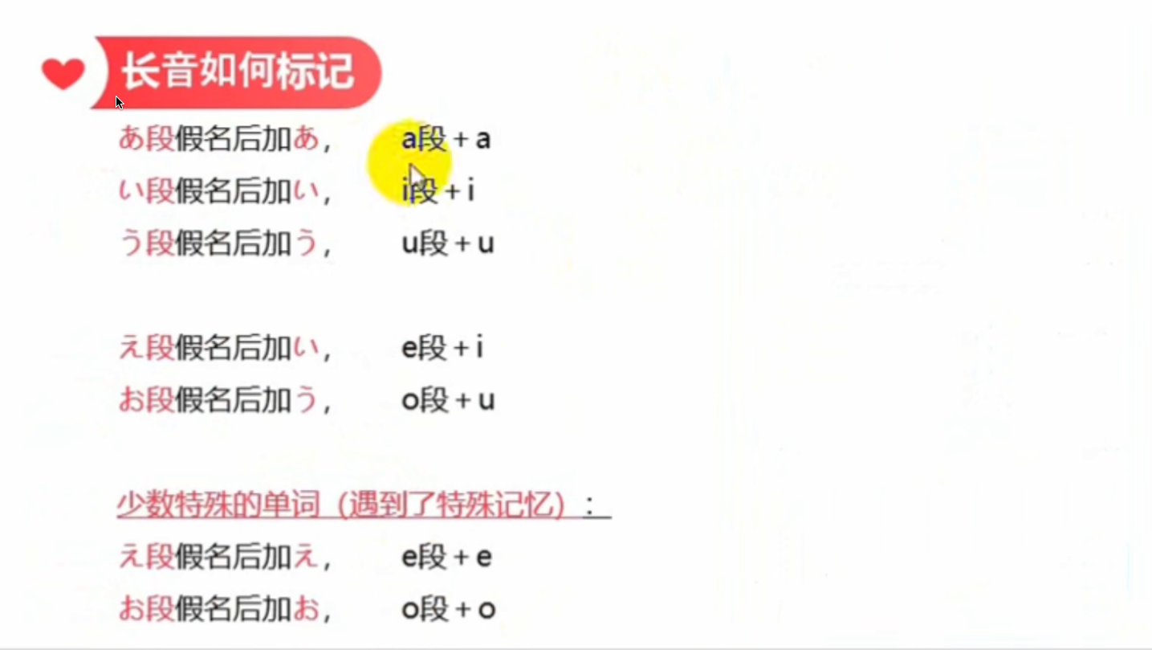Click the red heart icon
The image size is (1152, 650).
coord(63,74)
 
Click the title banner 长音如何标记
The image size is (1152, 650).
coord(237,72)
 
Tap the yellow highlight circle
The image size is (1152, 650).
coord(409,162)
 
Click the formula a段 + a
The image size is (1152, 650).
coord(446,139)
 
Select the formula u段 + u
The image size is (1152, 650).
coord(447,243)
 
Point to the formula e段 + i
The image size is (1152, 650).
coord(442,347)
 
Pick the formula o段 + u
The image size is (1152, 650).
coord(448,400)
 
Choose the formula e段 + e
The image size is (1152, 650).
coord(446,557)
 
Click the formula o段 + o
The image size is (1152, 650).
coord(449,609)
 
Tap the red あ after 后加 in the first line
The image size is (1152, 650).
coord(307,139)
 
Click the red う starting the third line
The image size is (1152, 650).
coord(131,243)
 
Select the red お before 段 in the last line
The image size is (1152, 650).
coord(132,609)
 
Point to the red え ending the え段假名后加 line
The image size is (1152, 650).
coord(306,557)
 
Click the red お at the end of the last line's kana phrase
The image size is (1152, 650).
coord(307,609)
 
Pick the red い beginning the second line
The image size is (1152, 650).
coord(131,191)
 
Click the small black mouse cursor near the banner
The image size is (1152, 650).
coord(120,103)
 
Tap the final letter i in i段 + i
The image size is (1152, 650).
coord(470,190)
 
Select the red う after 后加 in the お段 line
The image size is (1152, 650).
coord(307,400)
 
